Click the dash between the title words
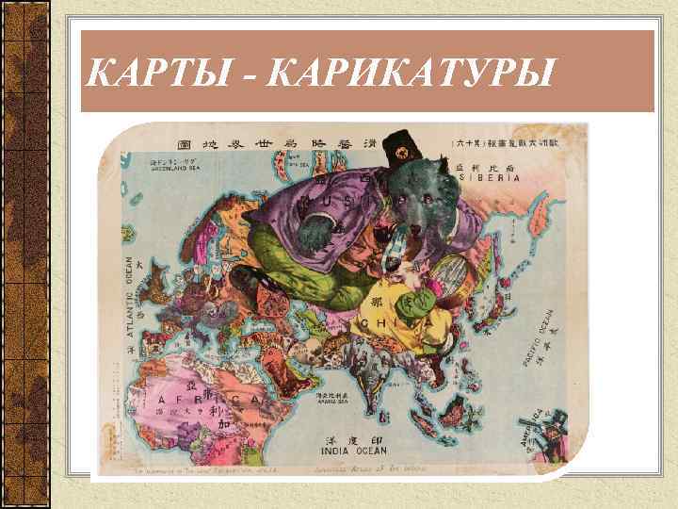point(251,72)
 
